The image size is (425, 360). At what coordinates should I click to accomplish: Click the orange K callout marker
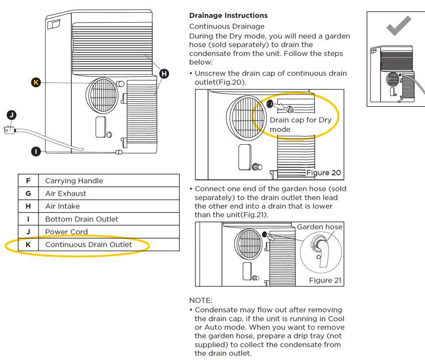point(36,82)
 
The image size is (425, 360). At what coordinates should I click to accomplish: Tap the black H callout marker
point(164,74)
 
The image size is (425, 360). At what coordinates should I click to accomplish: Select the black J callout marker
point(12,115)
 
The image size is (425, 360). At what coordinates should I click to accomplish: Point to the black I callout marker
point(36,151)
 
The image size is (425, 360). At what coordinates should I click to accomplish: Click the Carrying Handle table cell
point(74,181)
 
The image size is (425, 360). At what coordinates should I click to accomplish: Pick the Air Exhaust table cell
point(66,194)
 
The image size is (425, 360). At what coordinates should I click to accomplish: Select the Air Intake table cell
point(62,206)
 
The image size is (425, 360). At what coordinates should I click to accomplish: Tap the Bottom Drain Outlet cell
point(81,219)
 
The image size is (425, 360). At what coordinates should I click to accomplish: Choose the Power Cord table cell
point(66,232)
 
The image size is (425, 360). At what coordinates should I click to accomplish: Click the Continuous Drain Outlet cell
point(89,244)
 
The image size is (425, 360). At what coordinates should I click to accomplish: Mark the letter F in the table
point(28,181)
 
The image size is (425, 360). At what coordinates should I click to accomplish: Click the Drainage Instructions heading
point(228,15)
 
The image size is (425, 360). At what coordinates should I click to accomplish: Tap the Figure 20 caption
point(324,173)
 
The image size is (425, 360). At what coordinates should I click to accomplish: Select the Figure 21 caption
point(325,280)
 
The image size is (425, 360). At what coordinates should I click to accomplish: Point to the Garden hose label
point(319,227)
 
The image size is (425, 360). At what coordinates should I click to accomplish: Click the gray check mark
point(398,26)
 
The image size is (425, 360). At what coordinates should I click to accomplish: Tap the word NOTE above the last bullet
point(201,300)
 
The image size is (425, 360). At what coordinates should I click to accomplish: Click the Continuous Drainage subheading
point(227,27)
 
